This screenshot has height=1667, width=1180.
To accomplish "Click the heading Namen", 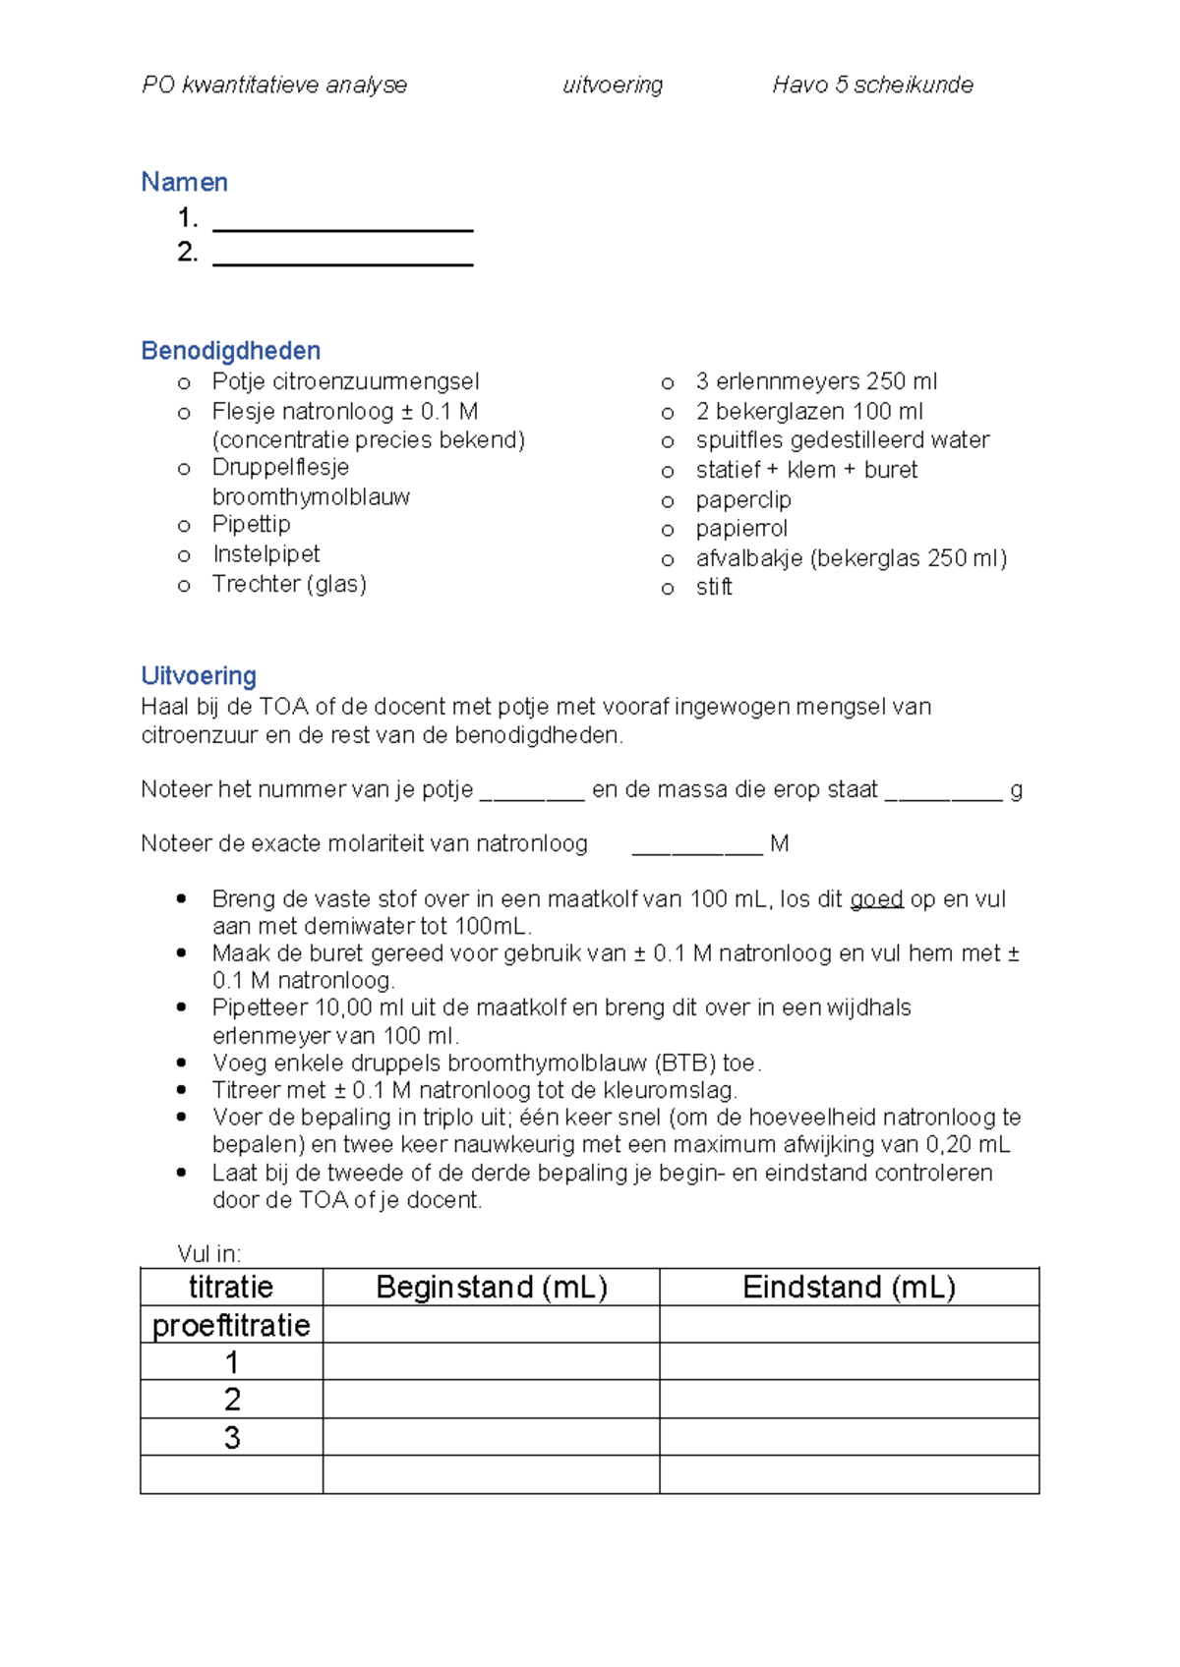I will click(184, 182).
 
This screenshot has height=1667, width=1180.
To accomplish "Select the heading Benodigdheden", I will click(230, 351).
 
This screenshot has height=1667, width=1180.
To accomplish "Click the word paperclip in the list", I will click(742, 499).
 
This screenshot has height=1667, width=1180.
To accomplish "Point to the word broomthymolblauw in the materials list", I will click(311, 496).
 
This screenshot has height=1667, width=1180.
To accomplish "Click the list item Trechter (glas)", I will click(289, 584).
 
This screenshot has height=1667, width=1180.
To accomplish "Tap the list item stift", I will click(714, 587).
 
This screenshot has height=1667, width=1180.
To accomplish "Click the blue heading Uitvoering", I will click(199, 676).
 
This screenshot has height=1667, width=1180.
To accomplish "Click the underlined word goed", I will click(876, 899).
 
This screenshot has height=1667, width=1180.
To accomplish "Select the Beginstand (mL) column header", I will click(491, 1287).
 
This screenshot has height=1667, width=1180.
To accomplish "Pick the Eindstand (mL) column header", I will click(849, 1287).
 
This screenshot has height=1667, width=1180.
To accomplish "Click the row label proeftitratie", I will click(231, 1325).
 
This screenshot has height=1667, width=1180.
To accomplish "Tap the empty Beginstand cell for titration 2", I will click(491, 1399).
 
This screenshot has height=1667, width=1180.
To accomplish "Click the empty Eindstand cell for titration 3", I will click(849, 1437).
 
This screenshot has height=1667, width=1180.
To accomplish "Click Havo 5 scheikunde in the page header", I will click(872, 86).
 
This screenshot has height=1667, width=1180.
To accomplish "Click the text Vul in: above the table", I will click(208, 1253).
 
